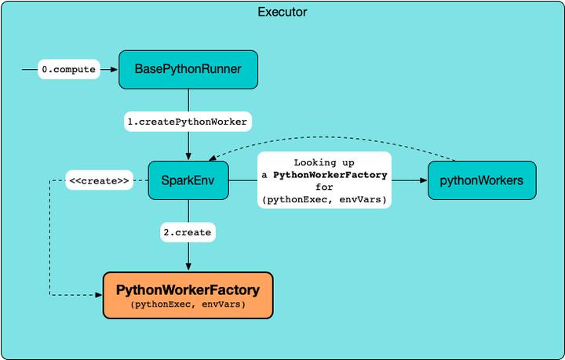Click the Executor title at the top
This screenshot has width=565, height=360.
click(x=282, y=13)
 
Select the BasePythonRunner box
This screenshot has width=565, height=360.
click(x=188, y=70)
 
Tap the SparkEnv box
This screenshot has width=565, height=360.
click(x=188, y=180)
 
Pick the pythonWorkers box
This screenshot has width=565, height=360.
click(x=481, y=180)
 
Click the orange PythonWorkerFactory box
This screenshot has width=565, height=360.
click(x=188, y=295)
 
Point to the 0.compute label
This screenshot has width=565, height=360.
click(x=69, y=70)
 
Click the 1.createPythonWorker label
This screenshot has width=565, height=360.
click(x=188, y=122)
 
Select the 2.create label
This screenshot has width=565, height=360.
click(x=188, y=232)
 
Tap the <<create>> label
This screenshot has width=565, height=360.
click(x=99, y=180)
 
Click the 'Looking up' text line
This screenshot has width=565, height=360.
click(x=325, y=162)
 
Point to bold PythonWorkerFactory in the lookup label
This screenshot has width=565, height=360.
click(x=330, y=174)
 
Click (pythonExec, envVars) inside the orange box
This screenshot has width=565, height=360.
click(x=188, y=304)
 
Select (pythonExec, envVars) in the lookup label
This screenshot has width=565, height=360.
click(x=325, y=201)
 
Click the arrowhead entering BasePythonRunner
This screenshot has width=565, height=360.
click(x=115, y=70)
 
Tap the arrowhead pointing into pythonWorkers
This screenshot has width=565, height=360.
click(x=424, y=180)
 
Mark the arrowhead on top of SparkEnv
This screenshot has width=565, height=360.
click(x=188, y=157)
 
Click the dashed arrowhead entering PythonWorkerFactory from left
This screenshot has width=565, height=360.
click(x=99, y=295)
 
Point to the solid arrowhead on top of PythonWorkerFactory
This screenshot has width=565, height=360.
click(x=188, y=267)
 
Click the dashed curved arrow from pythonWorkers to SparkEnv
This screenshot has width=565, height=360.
click(x=330, y=147)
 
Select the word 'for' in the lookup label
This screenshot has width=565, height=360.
click(x=325, y=187)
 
